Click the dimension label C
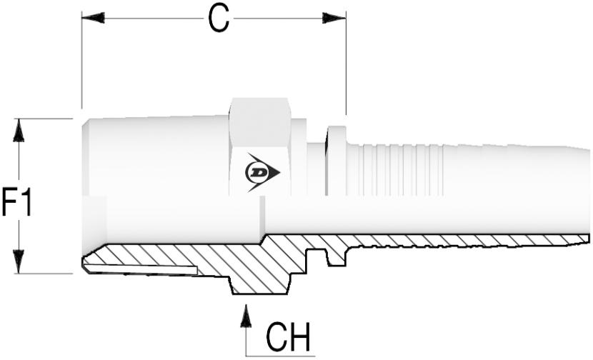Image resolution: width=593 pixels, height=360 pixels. coord(219,19)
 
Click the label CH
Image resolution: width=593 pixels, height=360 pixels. coord(289,336)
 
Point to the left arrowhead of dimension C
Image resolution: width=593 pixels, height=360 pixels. coord(93,17)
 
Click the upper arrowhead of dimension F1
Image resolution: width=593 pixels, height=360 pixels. coord(19,131)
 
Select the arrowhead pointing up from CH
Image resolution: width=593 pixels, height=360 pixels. coord(246,315)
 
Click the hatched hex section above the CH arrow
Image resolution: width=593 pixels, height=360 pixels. coord(257,282)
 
